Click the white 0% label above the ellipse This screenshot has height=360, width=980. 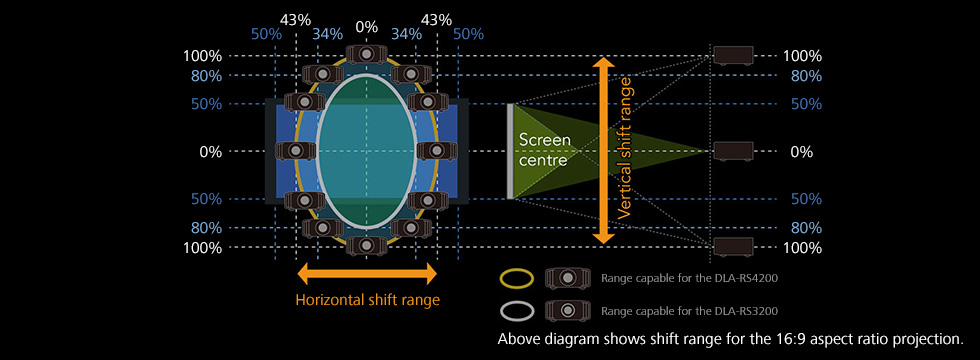click(x=366, y=27)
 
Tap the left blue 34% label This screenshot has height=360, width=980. click(x=326, y=34)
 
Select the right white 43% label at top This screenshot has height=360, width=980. click(x=436, y=19)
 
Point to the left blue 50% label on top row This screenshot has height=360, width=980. click(x=266, y=34)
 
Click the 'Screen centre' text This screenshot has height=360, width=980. click(x=544, y=149)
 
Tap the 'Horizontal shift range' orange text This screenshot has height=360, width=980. click(x=368, y=300)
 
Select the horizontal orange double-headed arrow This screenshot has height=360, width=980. click(x=367, y=273)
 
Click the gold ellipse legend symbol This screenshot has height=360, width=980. click(x=517, y=278)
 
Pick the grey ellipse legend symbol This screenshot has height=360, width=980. click(x=517, y=309)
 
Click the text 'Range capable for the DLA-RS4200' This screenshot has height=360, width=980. click(x=689, y=278)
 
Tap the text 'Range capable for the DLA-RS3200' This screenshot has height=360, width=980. click(x=689, y=310)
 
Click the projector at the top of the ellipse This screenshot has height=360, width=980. click(x=366, y=54)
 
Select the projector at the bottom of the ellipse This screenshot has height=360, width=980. click(x=366, y=246)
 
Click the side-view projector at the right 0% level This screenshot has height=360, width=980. click(x=734, y=151)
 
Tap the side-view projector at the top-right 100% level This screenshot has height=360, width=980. click(x=734, y=55)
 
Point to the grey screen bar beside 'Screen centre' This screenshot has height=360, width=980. click(x=510, y=151)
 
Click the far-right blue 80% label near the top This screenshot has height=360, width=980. click(x=806, y=76)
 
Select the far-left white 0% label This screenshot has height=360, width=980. click(x=211, y=152)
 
